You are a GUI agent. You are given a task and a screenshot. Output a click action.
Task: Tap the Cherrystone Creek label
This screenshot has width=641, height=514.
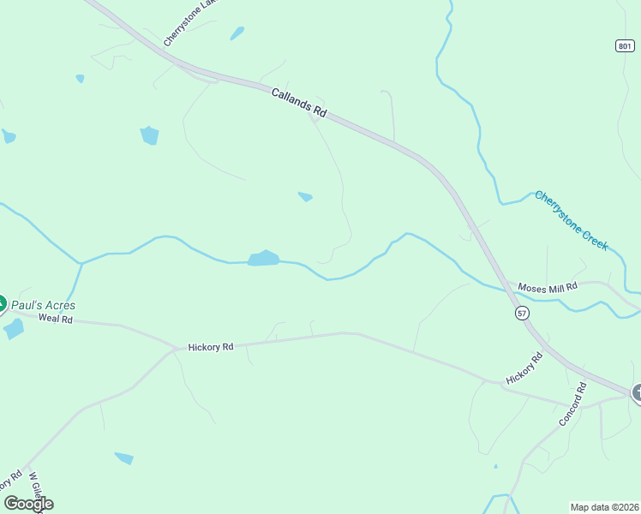(x=572, y=220)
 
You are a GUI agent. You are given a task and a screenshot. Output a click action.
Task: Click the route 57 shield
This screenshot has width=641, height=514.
(x=523, y=314)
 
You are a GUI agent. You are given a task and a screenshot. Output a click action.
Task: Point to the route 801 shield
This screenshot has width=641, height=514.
(x=625, y=45)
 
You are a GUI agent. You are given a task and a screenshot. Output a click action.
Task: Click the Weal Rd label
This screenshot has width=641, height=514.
(x=57, y=319)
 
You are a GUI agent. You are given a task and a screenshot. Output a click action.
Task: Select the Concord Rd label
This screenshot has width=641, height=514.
(x=572, y=404)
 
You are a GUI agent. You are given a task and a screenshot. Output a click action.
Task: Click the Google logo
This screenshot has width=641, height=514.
(x=28, y=504)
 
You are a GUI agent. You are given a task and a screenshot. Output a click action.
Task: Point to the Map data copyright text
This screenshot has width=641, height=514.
(x=604, y=506)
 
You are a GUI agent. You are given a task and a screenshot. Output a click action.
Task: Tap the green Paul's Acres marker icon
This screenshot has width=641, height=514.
(x=2, y=303)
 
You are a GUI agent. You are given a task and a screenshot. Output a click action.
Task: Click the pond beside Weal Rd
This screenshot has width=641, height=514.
(x=13, y=328)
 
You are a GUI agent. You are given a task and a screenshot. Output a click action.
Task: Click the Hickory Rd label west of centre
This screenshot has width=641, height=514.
(x=211, y=347)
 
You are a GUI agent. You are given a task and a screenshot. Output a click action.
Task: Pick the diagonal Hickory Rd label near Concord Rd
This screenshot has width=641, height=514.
(x=524, y=368)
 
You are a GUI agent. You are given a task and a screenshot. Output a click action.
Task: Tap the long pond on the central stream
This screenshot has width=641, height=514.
(x=264, y=258)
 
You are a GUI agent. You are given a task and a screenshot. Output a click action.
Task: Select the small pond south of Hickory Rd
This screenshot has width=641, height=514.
(x=124, y=457)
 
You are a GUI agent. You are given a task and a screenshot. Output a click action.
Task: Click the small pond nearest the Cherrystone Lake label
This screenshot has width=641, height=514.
(x=237, y=33)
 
